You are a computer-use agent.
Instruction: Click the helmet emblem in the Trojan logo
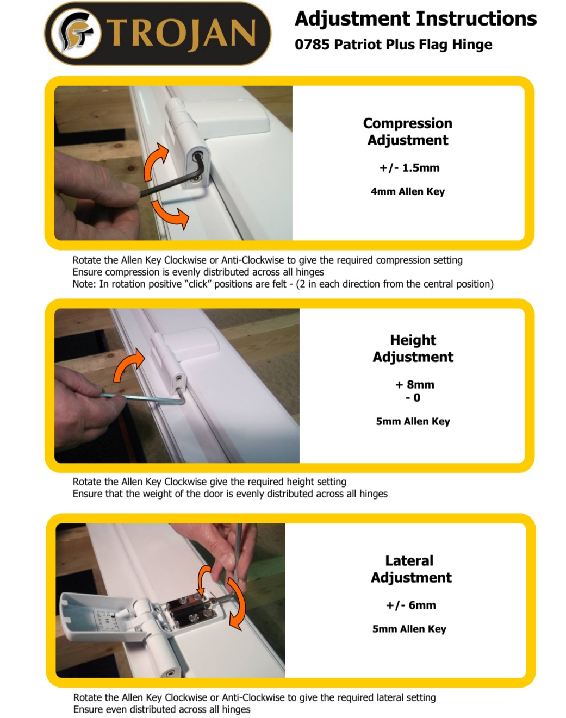[x=76, y=33]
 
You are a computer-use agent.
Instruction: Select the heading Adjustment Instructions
[x=415, y=18]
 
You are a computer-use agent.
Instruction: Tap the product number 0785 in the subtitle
[x=312, y=45]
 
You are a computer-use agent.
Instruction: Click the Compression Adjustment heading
[x=407, y=132]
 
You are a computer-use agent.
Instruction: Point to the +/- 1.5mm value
[x=409, y=167]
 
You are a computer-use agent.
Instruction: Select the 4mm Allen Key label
[x=408, y=191]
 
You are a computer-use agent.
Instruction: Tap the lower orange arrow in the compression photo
[x=170, y=214]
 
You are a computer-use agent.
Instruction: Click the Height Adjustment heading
[x=413, y=348]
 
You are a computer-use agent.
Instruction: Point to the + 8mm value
[x=415, y=384]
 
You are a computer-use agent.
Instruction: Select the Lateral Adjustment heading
[x=411, y=569]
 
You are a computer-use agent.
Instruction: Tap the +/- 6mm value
[x=411, y=605]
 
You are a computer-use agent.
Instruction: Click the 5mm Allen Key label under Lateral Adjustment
[x=409, y=629]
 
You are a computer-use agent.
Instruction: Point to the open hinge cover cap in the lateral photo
[x=100, y=617]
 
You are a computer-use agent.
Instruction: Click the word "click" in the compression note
[x=200, y=284]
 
